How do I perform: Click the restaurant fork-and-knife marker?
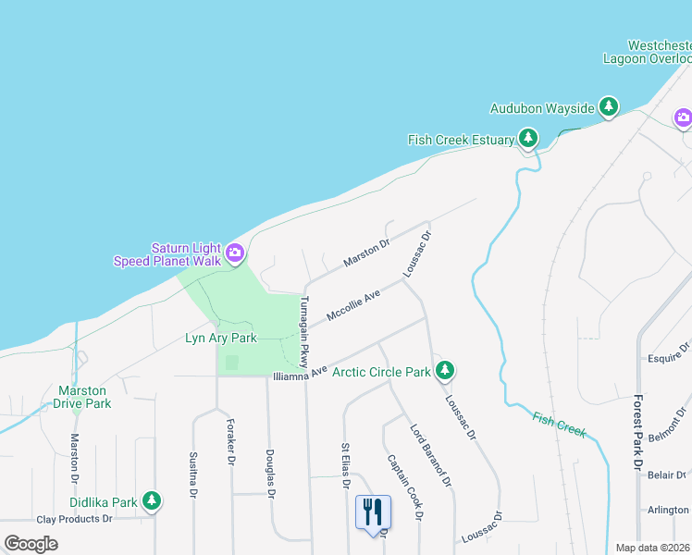pyautogui.click(x=373, y=512)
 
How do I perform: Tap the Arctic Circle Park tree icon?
pyautogui.click(x=445, y=371)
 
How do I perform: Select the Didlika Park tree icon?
pyautogui.click(x=152, y=501)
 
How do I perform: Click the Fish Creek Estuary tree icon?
pyautogui.click(x=527, y=139)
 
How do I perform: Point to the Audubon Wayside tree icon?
pyautogui.click(x=608, y=107)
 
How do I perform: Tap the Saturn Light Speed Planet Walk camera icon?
pyautogui.click(x=235, y=251)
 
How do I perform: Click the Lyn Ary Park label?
pyautogui.click(x=221, y=339)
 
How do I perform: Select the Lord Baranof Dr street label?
pyautogui.click(x=432, y=455)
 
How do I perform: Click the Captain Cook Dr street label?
pyautogui.click(x=405, y=485)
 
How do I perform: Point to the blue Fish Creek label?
pyautogui.click(x=560, y=424)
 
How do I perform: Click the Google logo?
pyautogui.click(x=31, y=544)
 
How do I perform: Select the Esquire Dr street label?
pyautogui.click(x=668, y=351)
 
